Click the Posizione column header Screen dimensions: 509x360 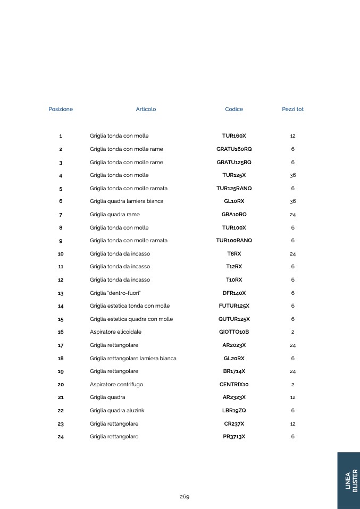(61, 109)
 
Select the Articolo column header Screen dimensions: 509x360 (146, 109)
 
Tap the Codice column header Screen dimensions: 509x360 (234, 109)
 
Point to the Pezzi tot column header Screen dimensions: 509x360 (292, 109)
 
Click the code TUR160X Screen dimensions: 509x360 (234, 136)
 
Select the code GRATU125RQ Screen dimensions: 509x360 (234, 162)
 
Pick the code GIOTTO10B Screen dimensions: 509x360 (234, 332)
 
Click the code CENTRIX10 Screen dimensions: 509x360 (234, 384)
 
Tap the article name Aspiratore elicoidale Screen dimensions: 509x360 (115, 332)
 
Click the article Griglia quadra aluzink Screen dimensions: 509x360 (117, 410)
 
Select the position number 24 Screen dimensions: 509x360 (61, 437)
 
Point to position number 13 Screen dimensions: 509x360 (61, 293)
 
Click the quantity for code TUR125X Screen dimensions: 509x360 (292, 175)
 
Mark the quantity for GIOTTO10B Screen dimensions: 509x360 (292, 332)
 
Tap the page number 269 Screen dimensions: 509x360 (184, 497)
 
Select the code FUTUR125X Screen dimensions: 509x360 (234, 306)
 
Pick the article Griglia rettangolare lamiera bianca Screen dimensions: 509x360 (133, 358)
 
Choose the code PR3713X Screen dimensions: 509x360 (234, 437)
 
